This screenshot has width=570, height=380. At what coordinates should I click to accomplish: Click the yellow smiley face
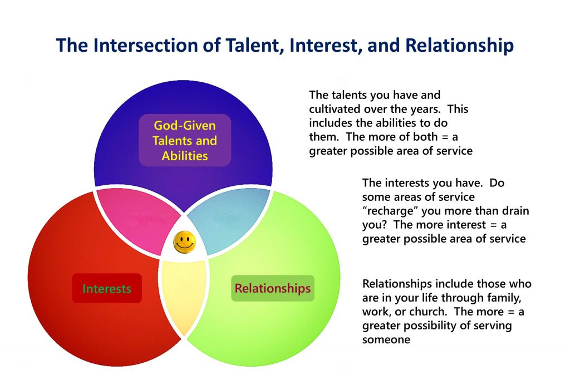(x=185, y=242)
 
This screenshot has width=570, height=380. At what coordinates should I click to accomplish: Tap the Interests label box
(x=107, y=288)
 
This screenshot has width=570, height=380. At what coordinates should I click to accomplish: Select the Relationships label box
(x=273, y=288)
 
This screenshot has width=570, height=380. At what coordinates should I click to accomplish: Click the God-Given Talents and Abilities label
(x=185, y=140)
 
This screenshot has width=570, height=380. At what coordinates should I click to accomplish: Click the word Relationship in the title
(x=459, y=45)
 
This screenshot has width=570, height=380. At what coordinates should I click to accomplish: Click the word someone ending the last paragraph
(x=386, y=340)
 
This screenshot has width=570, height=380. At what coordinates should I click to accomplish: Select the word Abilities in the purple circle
(x=185, y=156)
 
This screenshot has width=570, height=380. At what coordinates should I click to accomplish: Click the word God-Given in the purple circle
(x=185, y=125)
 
